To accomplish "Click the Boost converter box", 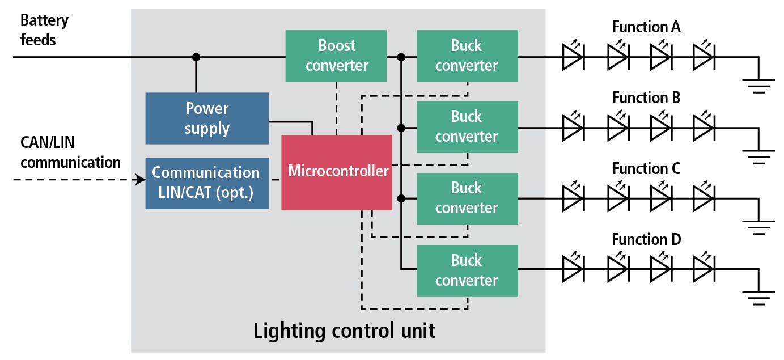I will click(336, 56).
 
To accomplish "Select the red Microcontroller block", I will click(337, 172).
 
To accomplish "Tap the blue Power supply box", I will click(207, 118).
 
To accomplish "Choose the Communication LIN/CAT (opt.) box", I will click(207, 183).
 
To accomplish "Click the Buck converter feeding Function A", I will click(467, 56).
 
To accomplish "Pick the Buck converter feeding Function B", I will click(467, 126).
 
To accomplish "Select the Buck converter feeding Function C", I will click(467, 198).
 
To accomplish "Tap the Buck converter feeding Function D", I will click(467, 270).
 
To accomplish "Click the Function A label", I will click(646, 27).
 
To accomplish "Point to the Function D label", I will click(646, 239).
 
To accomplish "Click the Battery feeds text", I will click(44, 29).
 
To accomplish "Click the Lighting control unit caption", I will click(344, 331).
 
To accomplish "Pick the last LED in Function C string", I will click(704, 199).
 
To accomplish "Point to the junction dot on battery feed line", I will click(196, 57).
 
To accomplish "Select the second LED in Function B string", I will click(617, 128).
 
